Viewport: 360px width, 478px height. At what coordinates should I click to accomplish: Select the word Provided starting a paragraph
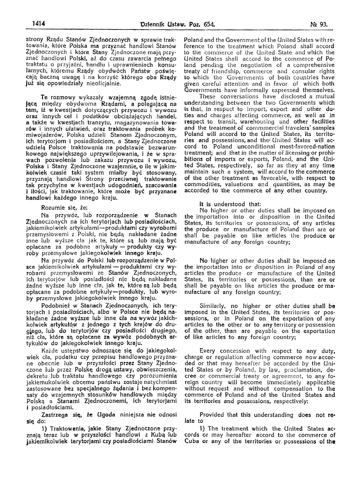coord(214,414)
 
